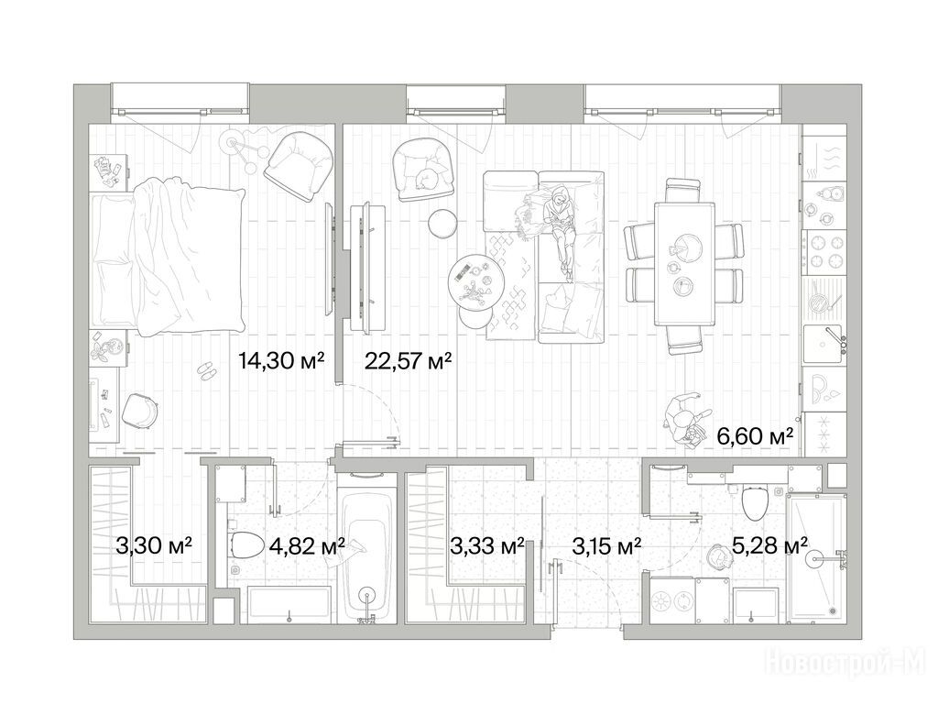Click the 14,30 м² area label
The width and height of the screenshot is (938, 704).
(281, 360)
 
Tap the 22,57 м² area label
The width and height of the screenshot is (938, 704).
(408, 360)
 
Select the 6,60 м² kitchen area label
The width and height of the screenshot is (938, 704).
(756, 435)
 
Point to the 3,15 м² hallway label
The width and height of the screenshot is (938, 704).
(606, 545)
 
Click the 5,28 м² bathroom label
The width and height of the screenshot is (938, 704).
(769, 545)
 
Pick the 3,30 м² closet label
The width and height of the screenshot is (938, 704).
(154, 545)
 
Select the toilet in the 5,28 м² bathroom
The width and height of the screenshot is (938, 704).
(755, 503)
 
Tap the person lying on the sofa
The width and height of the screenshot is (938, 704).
(560, 230)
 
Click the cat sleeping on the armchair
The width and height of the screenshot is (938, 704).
(427, 178)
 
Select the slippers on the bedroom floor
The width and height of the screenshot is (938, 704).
(207, 370)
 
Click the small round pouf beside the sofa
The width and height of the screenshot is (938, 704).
(443, 223)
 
